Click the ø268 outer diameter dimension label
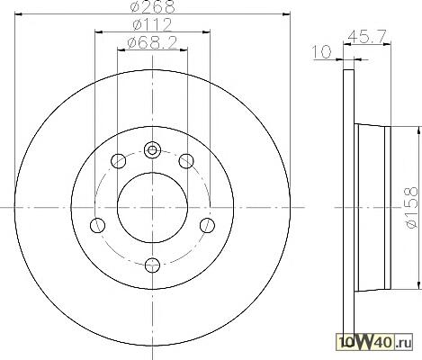[152, 6]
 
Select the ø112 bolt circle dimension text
[152, 24]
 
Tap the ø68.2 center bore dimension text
[152, 43]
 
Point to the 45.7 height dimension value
[366, 37]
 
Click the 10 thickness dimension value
[321, 52]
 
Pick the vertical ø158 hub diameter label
[411, 208]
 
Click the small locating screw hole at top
[152, 149]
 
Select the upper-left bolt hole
[118, 161]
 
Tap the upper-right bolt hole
[186, 161]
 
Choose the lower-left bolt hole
[97, 225]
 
